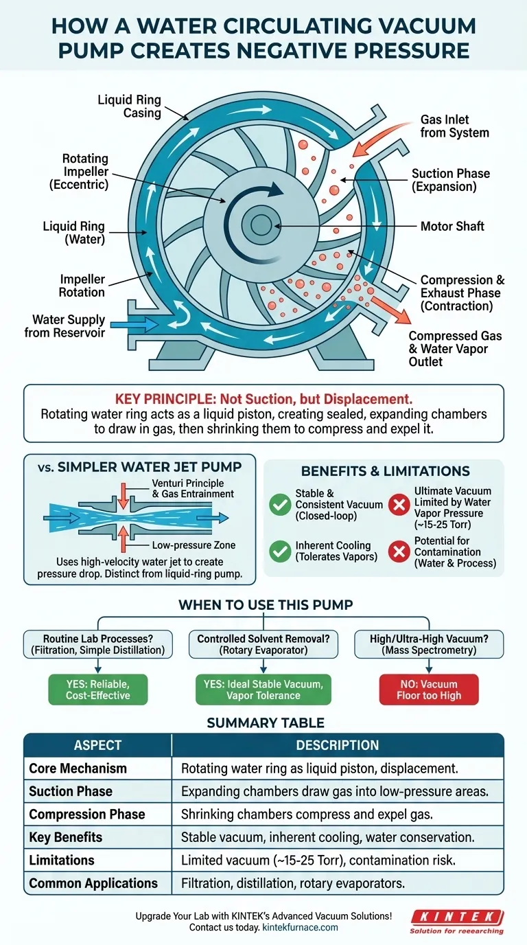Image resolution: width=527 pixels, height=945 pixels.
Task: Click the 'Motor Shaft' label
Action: tap(452, 226)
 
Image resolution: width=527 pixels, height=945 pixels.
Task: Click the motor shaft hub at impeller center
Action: tap(261, 225)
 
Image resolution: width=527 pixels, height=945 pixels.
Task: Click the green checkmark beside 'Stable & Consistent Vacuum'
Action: tap(279, 505)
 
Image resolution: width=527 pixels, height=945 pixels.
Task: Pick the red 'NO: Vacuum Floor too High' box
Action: tap(429, 689)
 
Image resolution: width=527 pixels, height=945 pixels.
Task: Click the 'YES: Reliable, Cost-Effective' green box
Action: tap(97, 689)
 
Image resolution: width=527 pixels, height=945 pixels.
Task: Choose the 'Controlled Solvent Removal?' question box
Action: tap(263, 644)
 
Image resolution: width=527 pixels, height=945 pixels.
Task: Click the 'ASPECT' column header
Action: tap(97, 745)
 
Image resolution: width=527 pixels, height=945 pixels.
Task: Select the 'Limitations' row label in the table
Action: tap(62, 860)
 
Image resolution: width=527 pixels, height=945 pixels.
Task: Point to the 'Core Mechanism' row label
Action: tap(78, 768)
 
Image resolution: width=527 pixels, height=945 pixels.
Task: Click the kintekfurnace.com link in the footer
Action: tap(300, 927)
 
